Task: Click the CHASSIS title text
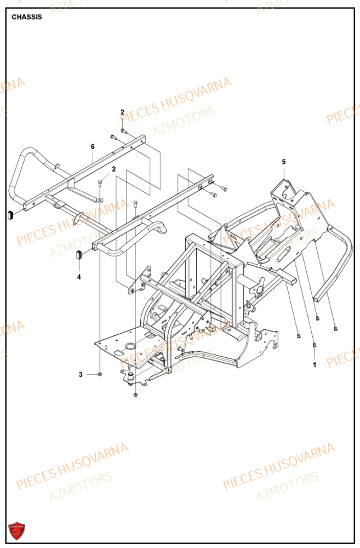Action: tap(27, 17)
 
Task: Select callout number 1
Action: tap(315, 363)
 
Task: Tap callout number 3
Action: tap(81, 374)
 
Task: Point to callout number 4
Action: tap(79, 277)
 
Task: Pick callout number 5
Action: tap(284, 162)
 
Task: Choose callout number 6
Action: tap(93, 146)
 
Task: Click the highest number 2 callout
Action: tap(123, 112)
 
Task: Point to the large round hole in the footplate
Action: tap(130, 346)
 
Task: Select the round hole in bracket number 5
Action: tap(287, 193)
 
